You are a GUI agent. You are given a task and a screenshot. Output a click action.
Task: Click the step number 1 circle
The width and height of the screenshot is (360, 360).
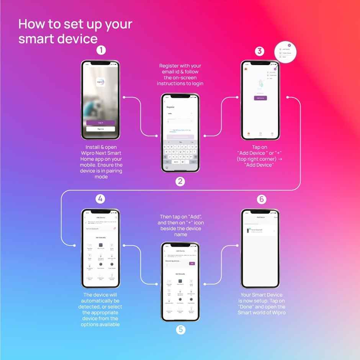click(101, 50)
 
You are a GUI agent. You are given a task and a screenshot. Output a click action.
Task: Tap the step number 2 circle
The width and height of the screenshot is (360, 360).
click(180, 182)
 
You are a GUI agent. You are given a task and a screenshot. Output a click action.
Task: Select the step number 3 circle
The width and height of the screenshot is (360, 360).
click(260, 51)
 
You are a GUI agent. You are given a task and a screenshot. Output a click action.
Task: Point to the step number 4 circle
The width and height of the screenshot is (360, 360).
click(100, 199)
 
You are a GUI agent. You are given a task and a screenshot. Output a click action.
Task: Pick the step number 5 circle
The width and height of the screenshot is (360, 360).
click(180, 329)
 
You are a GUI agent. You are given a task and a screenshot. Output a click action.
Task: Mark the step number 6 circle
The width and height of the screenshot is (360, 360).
click(261, 199)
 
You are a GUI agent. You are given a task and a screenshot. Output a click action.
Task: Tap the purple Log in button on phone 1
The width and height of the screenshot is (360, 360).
click(100, 123)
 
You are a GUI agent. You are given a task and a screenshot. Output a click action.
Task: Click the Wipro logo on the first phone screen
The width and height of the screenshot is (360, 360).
click(100, 82)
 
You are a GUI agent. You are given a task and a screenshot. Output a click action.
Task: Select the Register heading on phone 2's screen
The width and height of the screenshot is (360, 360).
click(170, 107)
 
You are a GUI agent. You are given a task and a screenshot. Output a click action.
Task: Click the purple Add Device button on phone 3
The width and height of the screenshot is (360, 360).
click(260, 98)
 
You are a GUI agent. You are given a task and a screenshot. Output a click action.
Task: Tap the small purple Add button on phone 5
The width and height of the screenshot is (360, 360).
click(192, 263)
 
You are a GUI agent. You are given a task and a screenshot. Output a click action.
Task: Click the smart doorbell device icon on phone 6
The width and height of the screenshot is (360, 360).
click(249, 231)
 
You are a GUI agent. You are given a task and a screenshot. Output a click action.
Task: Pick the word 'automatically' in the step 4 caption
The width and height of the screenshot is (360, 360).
click(100, 301)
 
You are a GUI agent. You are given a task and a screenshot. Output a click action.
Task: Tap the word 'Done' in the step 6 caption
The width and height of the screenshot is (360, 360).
click(245, 307)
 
